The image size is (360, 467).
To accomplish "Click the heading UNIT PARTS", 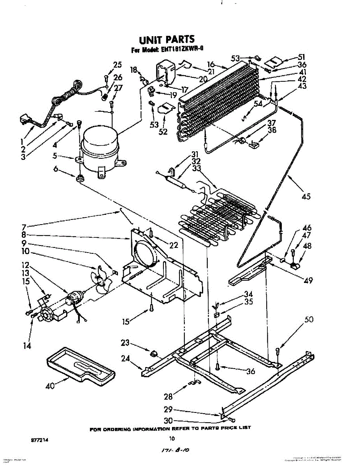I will coord(167,39).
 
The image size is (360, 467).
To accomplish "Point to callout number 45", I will coord(306,197).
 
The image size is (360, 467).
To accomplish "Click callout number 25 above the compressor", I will coord(117,65).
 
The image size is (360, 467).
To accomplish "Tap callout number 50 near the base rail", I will coord(309,320).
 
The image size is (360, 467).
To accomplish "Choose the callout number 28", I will coord(168,397).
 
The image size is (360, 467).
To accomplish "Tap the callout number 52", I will coord(163,132).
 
